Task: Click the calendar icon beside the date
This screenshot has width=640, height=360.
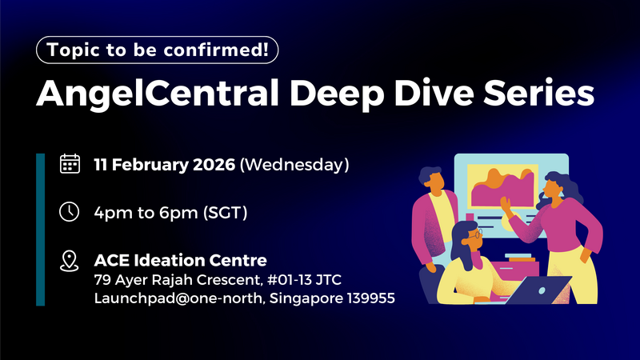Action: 70,164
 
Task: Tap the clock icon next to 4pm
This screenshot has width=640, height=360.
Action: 70,212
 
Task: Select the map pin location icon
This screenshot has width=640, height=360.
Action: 70,260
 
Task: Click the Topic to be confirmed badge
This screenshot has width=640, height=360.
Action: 158,50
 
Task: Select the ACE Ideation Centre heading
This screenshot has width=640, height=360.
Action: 180,260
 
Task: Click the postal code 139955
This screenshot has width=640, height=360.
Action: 369,299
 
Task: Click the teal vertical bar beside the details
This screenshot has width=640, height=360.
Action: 41,230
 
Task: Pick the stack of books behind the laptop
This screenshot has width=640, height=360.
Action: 520,260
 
